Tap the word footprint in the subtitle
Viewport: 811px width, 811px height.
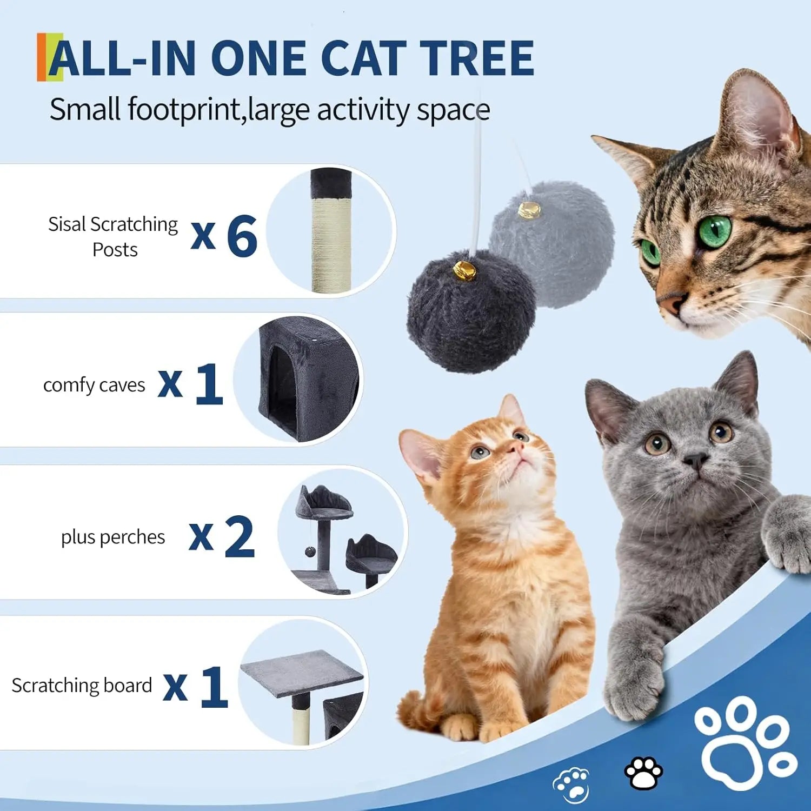click(182, 110)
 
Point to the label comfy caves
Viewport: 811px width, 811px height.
click(94, 385)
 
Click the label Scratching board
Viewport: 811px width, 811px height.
click(82, 686)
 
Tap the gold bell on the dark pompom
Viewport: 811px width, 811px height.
click(465, 269)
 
